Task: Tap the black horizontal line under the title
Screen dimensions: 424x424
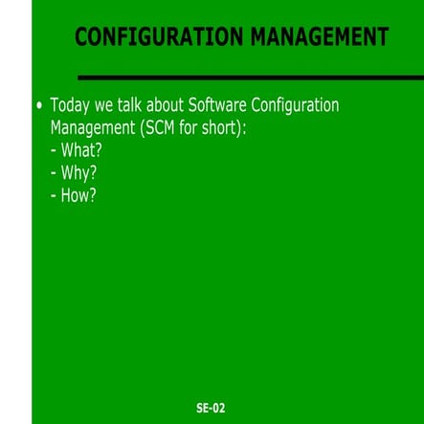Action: [x=249, y=78]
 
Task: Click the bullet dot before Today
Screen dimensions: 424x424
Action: [x=38, y=105]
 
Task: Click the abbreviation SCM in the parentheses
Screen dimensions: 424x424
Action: [x=165, y=127]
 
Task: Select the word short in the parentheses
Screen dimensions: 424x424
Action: [x=226, y=127]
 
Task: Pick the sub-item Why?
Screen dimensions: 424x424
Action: [x=78, y=173]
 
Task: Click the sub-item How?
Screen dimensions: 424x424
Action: [x=78, y=196]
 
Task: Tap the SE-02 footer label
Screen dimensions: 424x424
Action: [x=211, y=408]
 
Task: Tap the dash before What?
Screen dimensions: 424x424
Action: [x=54, y=151]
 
